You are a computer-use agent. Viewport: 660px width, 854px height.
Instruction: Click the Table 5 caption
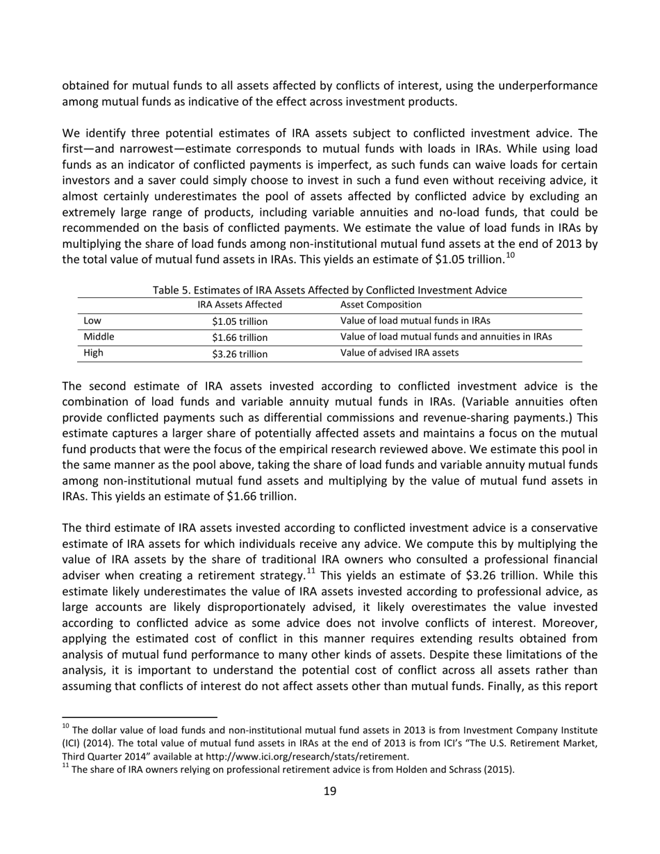point(329,290)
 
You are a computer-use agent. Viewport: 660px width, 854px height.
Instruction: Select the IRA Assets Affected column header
point(240,305)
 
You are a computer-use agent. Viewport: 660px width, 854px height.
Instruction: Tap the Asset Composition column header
point(381,305)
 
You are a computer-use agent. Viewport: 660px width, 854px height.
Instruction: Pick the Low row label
point(92,321)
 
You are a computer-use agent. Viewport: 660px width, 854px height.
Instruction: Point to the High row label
point(93,353)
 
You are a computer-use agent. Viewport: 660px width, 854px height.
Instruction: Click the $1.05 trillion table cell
point(240,321)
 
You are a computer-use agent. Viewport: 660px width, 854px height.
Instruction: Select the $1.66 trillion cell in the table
point(240,337)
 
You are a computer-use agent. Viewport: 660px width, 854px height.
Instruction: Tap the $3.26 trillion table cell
point(240,353)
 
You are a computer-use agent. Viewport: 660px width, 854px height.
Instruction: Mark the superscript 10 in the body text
point(510,256)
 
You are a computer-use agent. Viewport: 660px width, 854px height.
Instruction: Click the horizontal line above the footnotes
point(140,716)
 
